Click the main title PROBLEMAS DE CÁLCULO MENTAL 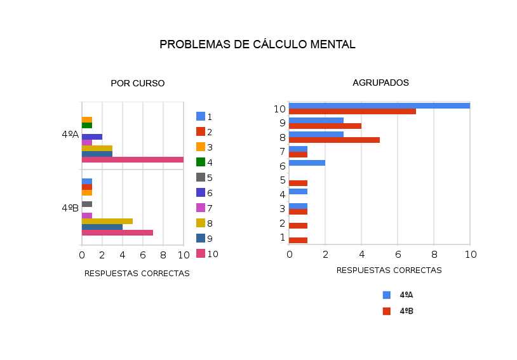pos(257,44)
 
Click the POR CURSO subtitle pos(137,83)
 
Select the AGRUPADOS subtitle pos(380,83)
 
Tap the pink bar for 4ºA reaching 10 pos(132,159)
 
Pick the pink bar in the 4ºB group pos(117,232)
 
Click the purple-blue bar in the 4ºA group pos(91,137)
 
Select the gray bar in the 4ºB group pos(87,204)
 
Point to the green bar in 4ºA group pos(87,125)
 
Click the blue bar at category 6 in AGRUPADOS pos(307,163)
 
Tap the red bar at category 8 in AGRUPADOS pos(334,140)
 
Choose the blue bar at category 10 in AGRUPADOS pos(379,105)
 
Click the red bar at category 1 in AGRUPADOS pos(298,240)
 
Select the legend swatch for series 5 pos(201,177)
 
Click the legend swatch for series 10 pos(201,253)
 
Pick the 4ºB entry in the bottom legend pos(406,311)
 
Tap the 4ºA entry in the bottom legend pos(406,295)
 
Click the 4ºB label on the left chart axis pos(70,208)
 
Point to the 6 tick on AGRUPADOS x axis pos(398,255)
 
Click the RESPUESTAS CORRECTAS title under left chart pos(137,274)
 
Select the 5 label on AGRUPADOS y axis pos(282,180)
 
